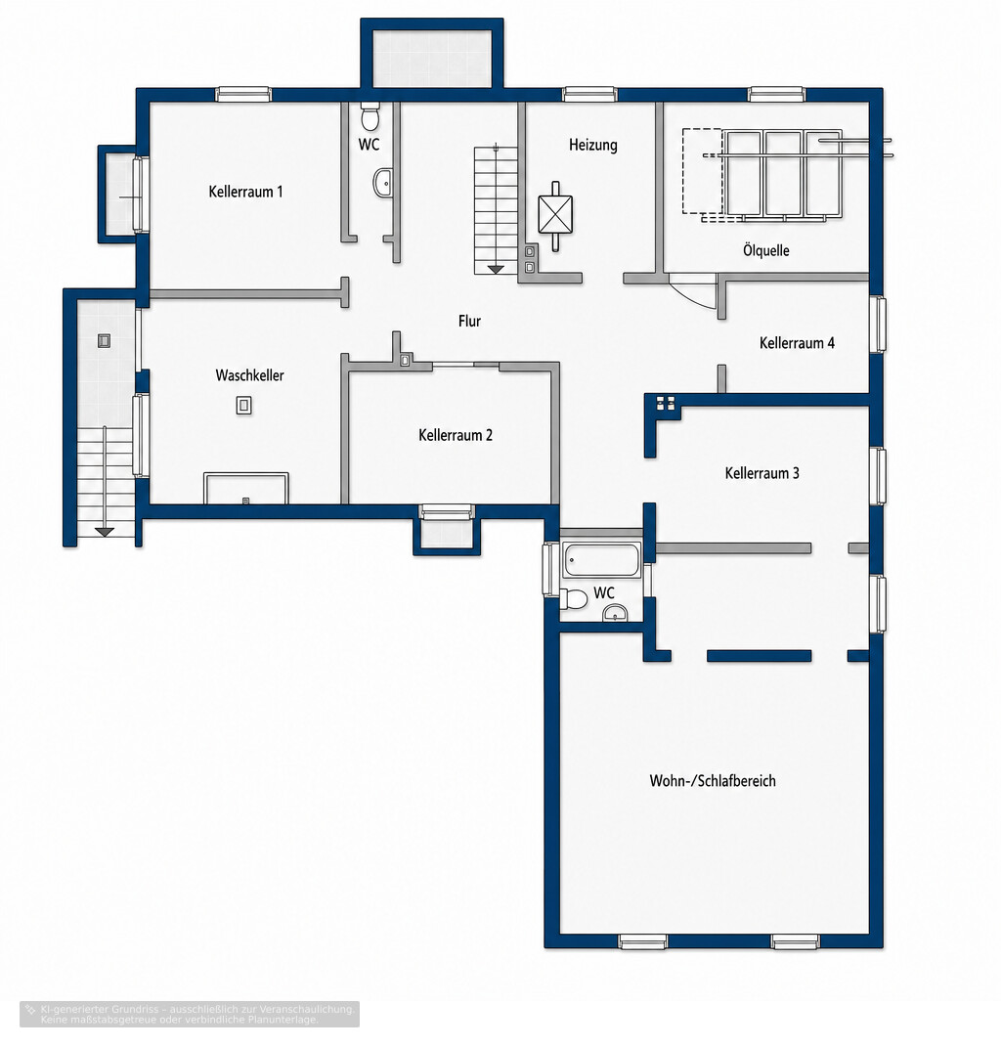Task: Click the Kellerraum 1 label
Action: (x=245, y=192)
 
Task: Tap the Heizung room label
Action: (x=593, y=145)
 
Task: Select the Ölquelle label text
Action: (x=766, y=250)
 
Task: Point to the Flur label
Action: (x=469, y=322)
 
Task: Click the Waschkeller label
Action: (x=249, y=375)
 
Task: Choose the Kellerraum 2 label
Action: (x=456, y=435)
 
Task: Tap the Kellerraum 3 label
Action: (x=762, y=473)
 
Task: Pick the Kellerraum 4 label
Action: (x=797, y=343)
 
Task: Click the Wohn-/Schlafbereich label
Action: (x=713, y=780)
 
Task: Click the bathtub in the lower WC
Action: (x=601, y=560)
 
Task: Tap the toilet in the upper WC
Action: (x=370, y=116)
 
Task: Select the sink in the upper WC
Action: (x=382, y=183)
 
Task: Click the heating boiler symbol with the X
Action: (x=555, y=215)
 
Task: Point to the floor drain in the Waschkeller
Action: (x=244, y=406)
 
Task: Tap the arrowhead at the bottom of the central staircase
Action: (x=496, y=269)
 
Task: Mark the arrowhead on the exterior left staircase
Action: (x=105, y=532)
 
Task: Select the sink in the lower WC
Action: (x=615, y=613)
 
